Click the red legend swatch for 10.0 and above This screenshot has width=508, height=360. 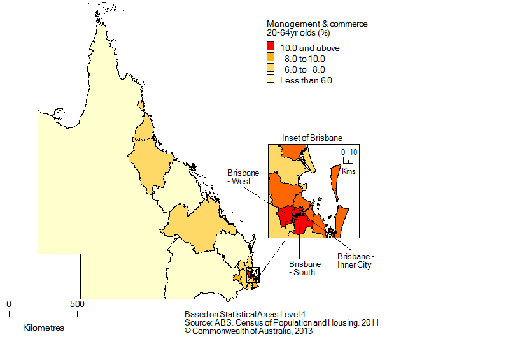click(x=271, y=48)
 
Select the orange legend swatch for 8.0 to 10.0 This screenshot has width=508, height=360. click(x=271, y=59)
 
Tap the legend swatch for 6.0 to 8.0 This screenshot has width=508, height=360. click(x=271, y=69)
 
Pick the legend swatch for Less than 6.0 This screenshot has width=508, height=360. click(x=271, y=80)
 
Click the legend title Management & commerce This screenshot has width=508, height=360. click(x=316, y=24)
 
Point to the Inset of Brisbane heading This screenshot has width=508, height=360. click(x=313, y=138)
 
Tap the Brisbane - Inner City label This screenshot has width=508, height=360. click(x=355, y=260)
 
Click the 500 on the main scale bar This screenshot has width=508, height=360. click(x=77, y=304)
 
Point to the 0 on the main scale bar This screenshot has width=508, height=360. click(x=9, y=304)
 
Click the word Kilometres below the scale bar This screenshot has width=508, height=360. click(x=43, y=328)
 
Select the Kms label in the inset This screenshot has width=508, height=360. click(x=349, y=172)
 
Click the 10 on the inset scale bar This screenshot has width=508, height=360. click(x=355, y=152)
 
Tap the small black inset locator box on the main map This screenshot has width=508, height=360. click(x=252, y=275)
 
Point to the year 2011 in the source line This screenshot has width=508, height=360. click(x=369, y=323)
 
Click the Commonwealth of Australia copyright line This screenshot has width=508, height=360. click(x=248, y=331)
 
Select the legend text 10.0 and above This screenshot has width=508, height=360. click(x=310, y=48)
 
